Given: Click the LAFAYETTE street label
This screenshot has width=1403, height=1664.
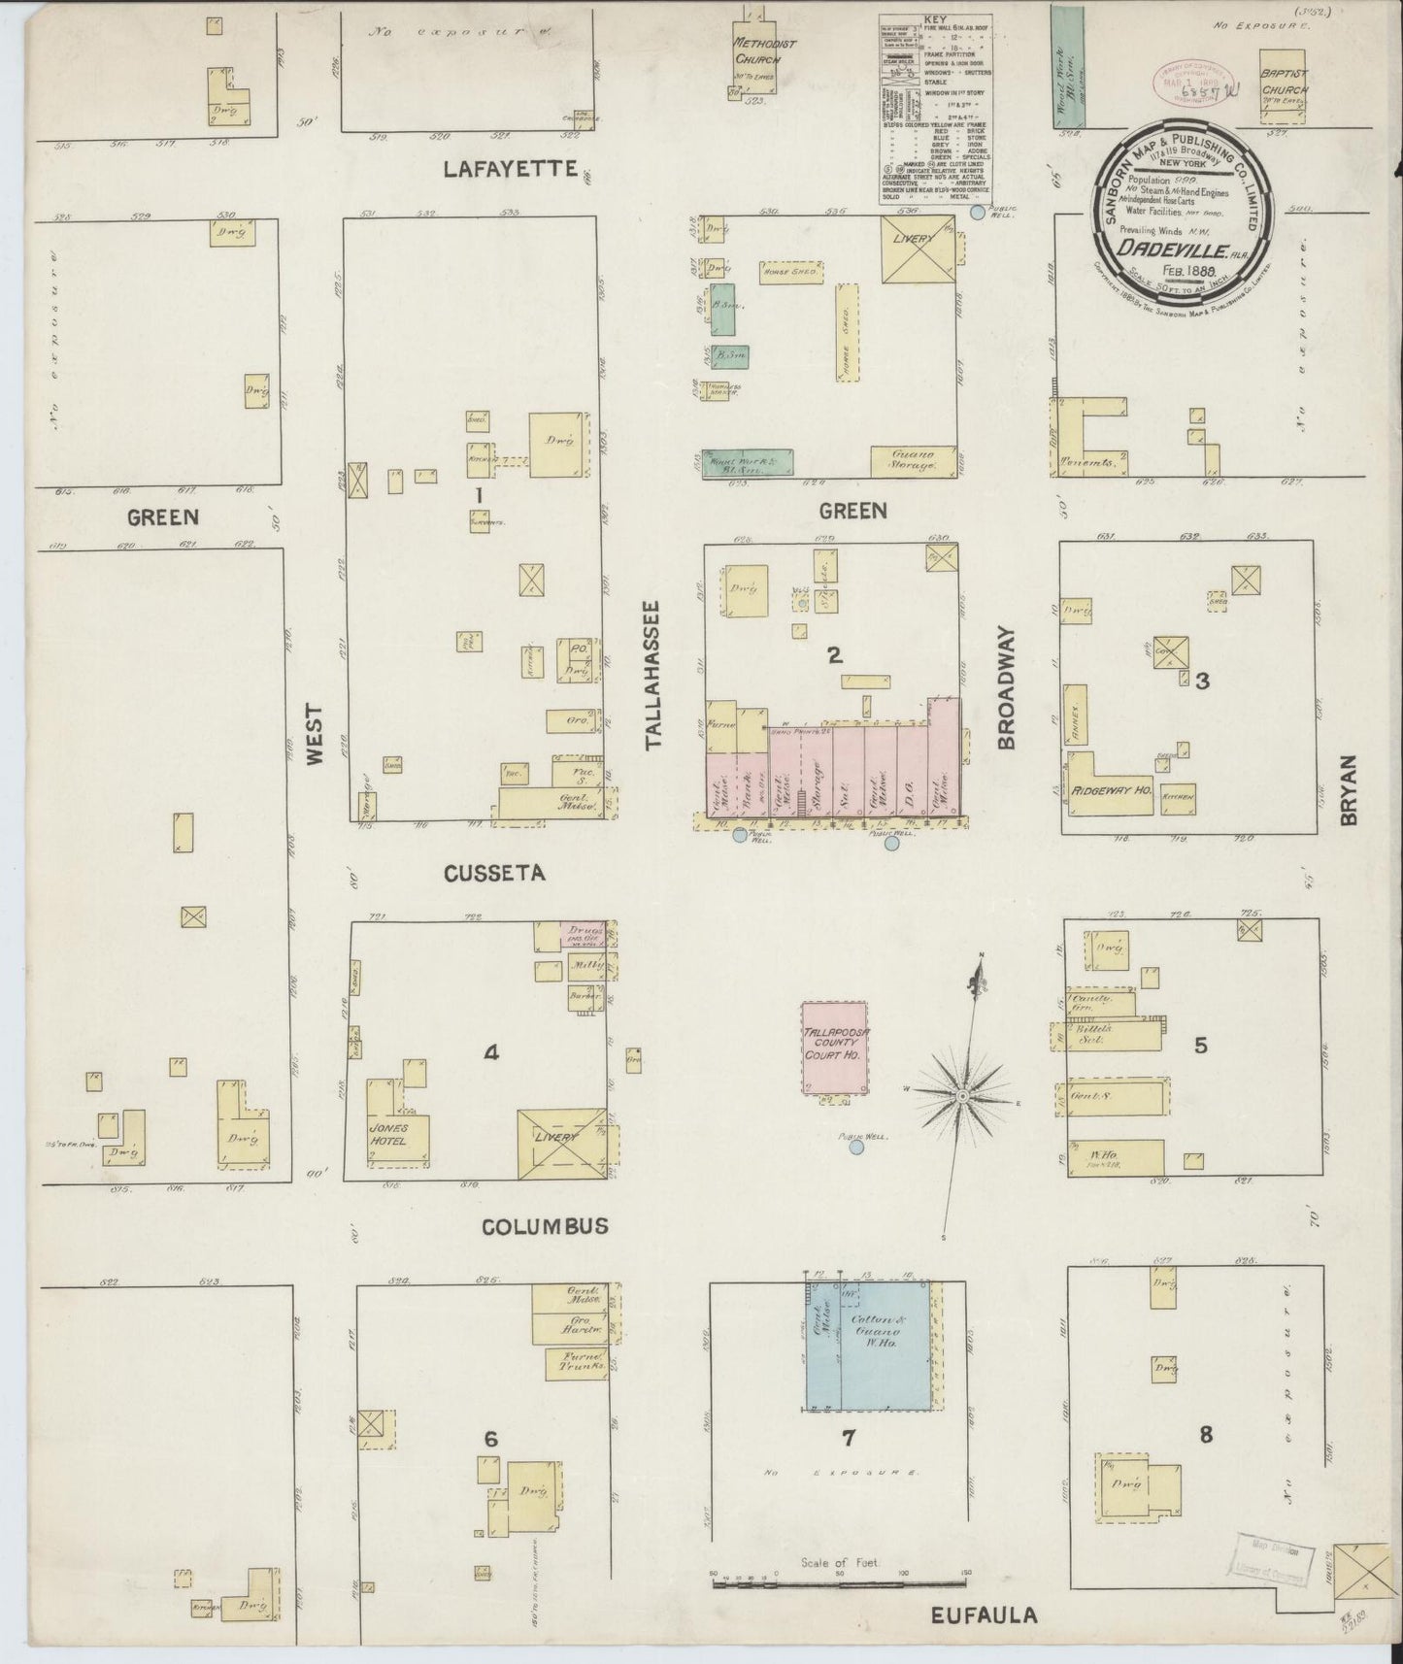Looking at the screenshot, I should (x=510, y=169).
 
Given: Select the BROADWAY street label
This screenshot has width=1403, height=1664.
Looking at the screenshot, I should (x=1006, y=687).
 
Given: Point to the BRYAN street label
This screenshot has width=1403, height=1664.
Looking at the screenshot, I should (x=1350, y=790).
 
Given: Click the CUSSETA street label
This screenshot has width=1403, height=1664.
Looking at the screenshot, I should (x=494, y=874).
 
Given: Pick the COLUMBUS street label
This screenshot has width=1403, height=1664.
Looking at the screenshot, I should (x=545, y=1226).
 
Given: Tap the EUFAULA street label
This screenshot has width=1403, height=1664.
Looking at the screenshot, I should (x=984, y=1616).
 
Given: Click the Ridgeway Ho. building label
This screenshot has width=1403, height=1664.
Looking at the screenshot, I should (x=1111, y=791).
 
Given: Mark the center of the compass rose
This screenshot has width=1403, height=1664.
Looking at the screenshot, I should (x=961, y=1095).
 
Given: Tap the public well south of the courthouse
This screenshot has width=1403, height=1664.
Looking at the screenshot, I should (x=856, y=1148).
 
